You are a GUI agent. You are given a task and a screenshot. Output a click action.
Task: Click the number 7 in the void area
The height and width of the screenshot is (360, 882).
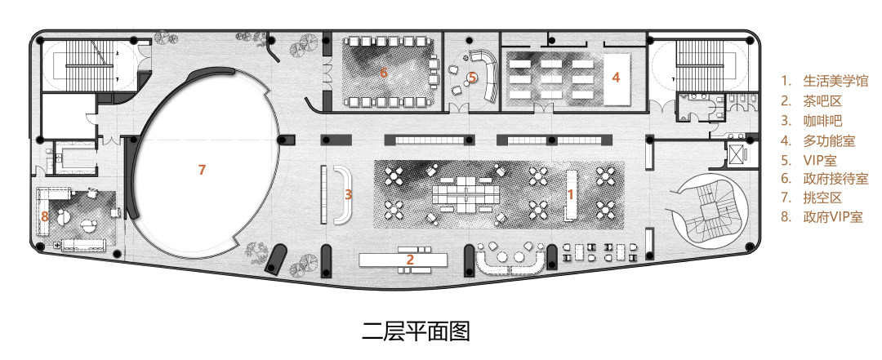click(x=202, y=170)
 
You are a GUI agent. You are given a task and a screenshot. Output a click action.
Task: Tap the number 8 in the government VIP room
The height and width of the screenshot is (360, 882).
click(x=45, y=216)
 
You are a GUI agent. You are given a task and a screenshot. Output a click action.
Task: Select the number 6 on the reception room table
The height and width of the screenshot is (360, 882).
click(x=384, y=73)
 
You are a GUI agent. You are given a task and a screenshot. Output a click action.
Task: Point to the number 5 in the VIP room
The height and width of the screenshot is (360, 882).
click(x=472, y=78)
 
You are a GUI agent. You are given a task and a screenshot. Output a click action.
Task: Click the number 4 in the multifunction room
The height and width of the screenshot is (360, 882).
click(x=616, y=78)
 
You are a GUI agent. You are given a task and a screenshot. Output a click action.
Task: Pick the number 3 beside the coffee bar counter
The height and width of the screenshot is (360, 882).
click(x=348, y=194)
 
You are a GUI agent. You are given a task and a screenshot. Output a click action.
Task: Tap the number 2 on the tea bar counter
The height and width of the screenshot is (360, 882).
click(x=410, y=260)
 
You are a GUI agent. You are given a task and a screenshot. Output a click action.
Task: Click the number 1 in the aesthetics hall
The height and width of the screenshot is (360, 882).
click(x=571, y=194)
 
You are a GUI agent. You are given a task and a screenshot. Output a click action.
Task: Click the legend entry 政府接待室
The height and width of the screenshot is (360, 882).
click(x=835, y=179)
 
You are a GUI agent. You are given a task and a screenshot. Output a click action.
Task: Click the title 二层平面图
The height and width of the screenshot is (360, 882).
click(x=416, y=331)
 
